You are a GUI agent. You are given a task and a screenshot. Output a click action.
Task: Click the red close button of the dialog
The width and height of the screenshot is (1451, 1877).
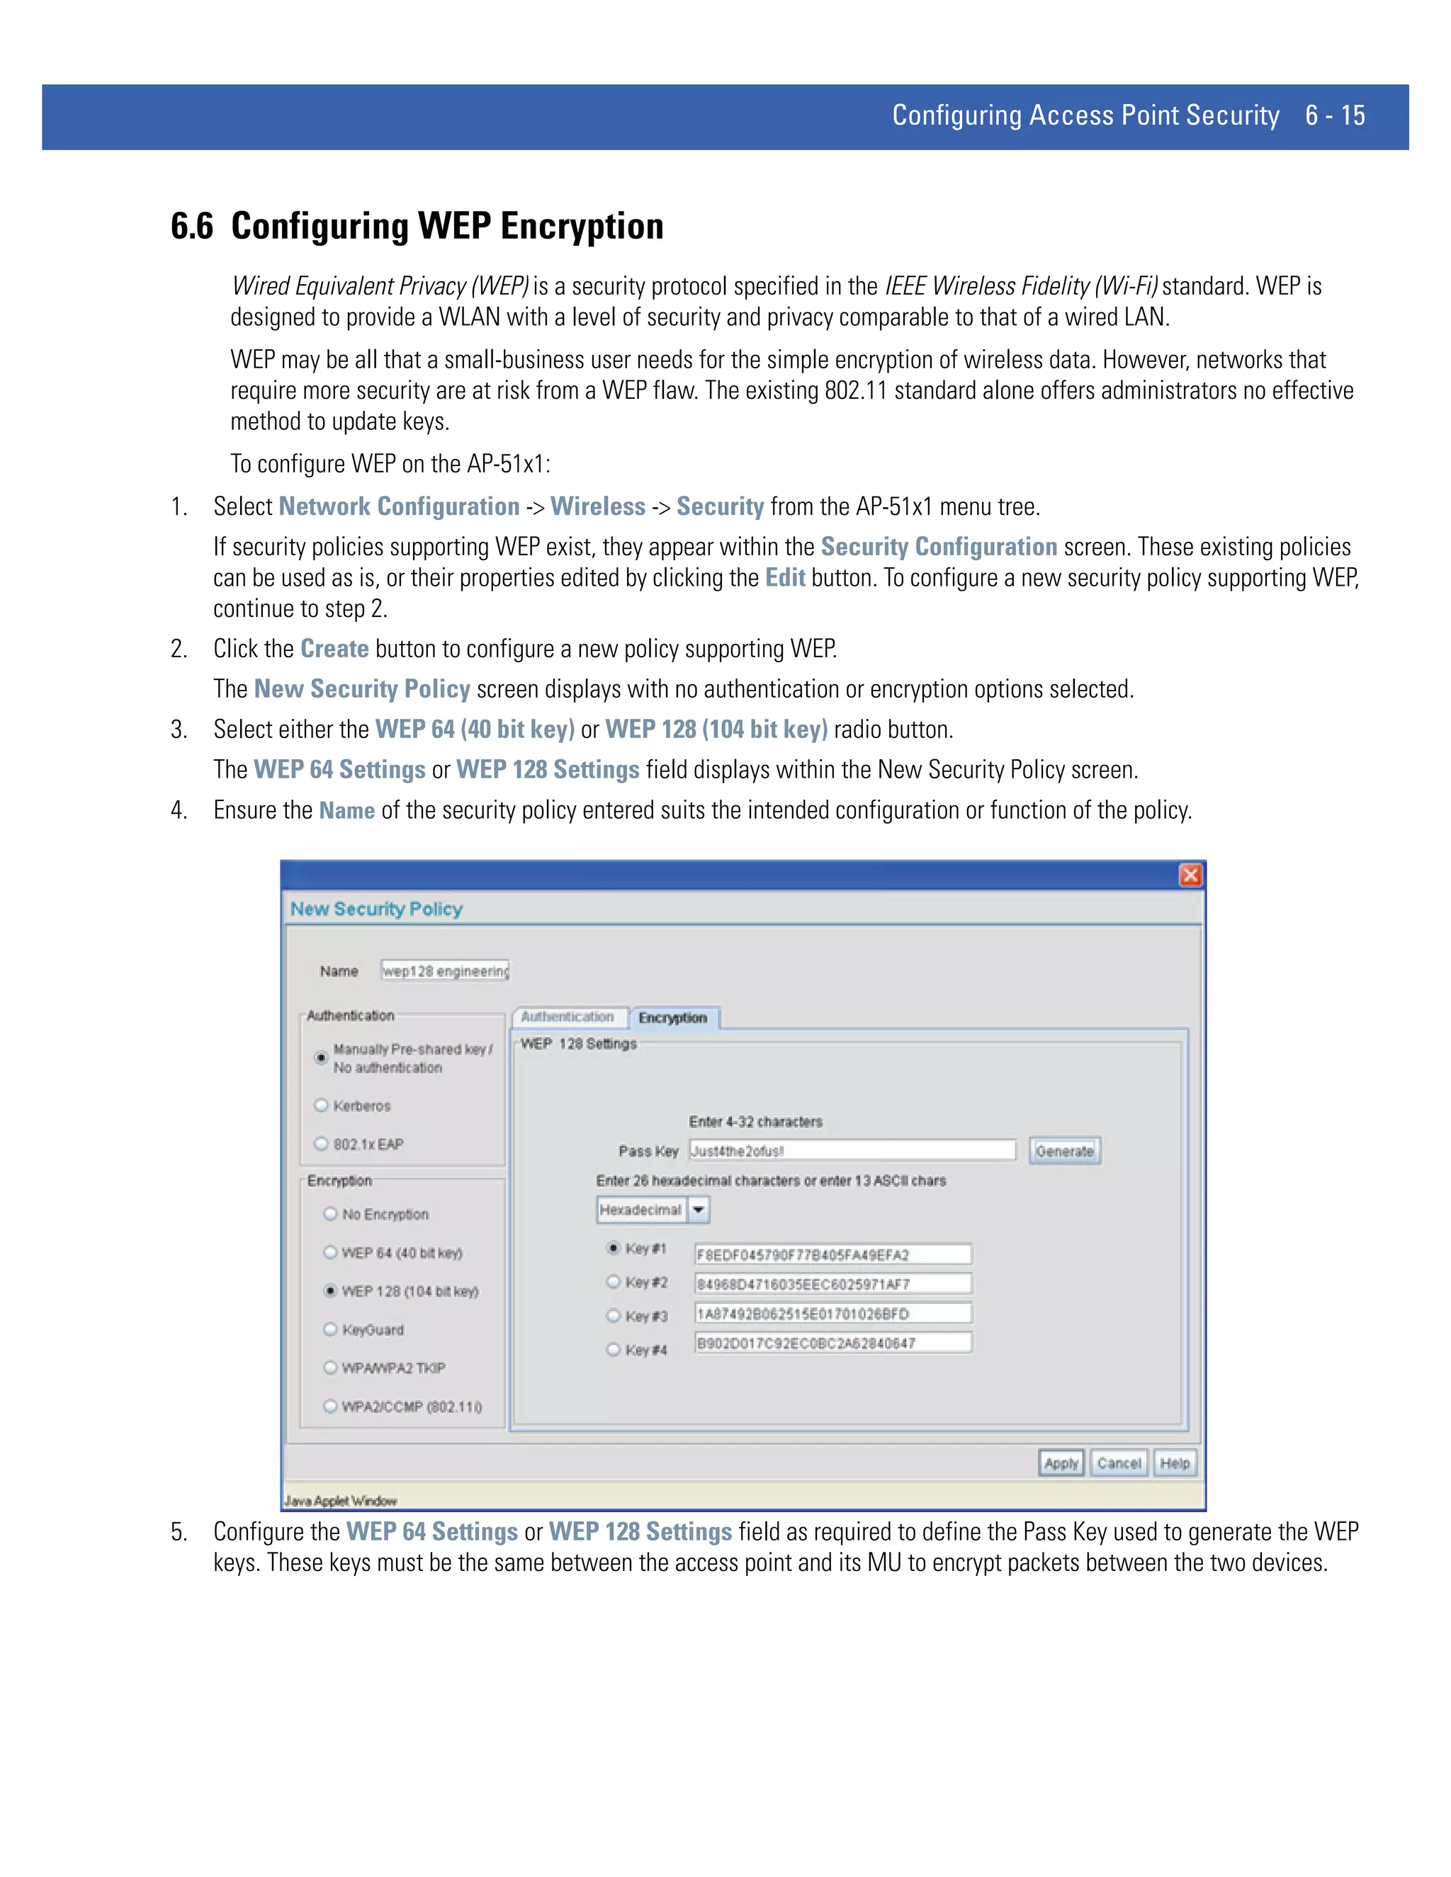tap(1190, 875)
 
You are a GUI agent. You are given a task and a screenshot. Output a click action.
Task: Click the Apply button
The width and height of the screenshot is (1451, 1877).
tap(1061, 1463)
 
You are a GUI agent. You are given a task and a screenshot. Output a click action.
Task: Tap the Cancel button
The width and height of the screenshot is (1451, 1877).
tap(1118, 1463)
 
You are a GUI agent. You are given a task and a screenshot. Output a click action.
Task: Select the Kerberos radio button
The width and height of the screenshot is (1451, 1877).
tap(322, 1105)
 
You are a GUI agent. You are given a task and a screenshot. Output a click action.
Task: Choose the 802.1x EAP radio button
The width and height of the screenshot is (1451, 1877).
tap(322, 1144)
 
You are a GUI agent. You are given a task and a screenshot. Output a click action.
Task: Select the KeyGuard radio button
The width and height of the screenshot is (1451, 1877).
tap(330, 1329)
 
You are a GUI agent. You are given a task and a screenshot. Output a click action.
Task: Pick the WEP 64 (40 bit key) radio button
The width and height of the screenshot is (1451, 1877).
tap(330, 1252)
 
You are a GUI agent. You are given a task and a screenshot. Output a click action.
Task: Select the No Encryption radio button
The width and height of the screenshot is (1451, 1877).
tap(330, 1213)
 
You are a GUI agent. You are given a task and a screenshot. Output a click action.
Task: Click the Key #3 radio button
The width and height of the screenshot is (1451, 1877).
tap(613, 1316)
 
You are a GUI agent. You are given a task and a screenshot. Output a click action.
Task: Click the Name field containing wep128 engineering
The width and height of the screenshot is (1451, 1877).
tap(445, 971)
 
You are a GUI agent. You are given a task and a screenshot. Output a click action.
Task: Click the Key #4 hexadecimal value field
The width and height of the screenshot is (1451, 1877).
tap(832, 1343)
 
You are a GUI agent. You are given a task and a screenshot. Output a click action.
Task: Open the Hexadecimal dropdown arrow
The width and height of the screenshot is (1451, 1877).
tap(699, 1210)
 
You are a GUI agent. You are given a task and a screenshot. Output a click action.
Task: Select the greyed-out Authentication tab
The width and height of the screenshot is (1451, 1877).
tap(568, 1016)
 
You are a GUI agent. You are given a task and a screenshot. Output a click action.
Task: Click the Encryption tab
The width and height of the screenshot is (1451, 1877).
tap(673, 1018)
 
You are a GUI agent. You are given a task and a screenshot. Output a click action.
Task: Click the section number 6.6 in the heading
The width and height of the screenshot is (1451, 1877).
tap(192, 226)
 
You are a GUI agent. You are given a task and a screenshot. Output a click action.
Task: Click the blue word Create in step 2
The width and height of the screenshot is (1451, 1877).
tap(334, 649)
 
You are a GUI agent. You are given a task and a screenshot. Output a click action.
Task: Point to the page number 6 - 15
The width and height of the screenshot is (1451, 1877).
tap(1334, 115)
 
